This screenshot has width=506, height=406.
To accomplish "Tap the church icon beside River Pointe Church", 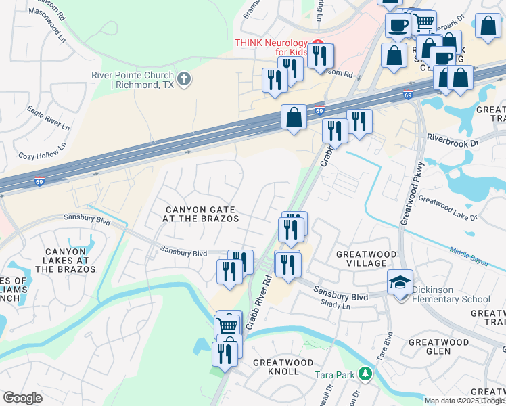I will pyautogui.click(x=184, y=80).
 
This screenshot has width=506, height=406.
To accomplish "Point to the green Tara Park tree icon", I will pyautogui.click(x=365, y=374).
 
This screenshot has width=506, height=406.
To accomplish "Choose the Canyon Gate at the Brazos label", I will pyautogui.click(x=201, y=214).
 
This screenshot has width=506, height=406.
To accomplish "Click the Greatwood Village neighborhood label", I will pyautogui.click(x=366, y=259).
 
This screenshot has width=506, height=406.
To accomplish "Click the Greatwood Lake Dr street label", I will pyautogui.click(x=447, y=208).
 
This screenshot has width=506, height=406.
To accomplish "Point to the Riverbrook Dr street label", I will pyautogui.click(x=452, y=140).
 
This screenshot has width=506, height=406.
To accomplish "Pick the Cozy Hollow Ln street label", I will pyautogui.click(x=43, y=151).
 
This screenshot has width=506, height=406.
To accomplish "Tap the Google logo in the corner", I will pyautogui.click(x=22, y=398).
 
